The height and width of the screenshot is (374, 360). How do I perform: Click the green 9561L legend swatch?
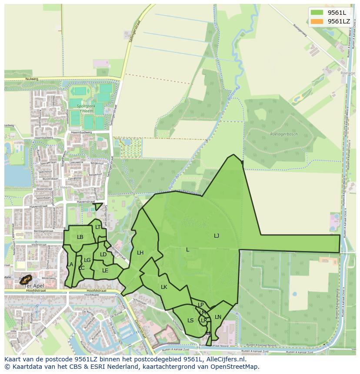[317, 12]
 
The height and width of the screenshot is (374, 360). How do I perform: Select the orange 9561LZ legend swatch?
[317, 21]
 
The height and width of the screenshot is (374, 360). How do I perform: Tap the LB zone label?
[80, 237]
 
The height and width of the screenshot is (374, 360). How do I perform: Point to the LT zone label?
[98, 227]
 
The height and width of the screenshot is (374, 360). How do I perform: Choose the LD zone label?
[103, 255]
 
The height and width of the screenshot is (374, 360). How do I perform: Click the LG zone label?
[87, 260]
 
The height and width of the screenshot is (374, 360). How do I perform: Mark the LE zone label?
[105, 270]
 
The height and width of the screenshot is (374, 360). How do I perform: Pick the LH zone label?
[140, 252]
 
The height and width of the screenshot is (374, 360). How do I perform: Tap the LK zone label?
[164, 287]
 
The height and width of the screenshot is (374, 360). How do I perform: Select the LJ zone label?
[217, 235]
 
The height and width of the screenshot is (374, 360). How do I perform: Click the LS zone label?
[190, 321]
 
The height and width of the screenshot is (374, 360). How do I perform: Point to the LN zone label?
[218, 317]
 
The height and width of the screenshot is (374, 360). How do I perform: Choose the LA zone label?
[70, 265]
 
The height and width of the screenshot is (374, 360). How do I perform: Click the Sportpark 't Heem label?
[85, 108]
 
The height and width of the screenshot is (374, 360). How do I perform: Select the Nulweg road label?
[32, 79]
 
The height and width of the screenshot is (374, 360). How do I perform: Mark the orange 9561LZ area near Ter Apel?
[26, 279]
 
